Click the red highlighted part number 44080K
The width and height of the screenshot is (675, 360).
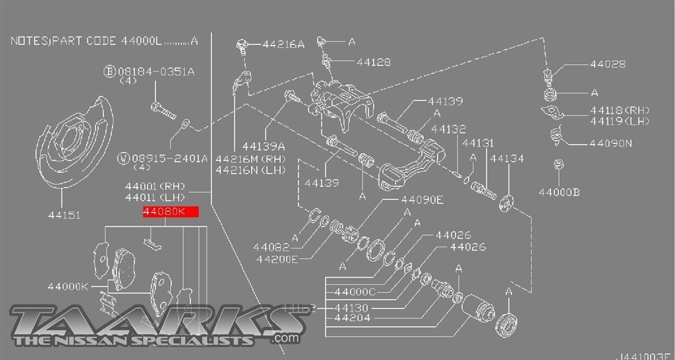pyautogui.click(x=170, y=212)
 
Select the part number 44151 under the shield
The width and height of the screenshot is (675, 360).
pyautogui.click(x=63, y=215)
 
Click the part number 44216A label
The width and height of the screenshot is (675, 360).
pyautogui.click(x=283, y=45)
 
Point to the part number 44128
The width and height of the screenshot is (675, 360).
pyautogui.click(x=374, y=62)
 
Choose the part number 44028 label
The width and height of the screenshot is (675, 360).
pyautogui.click(x=607, y=64)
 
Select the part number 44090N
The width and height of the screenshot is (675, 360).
pyautogui.click(x=610, y=143)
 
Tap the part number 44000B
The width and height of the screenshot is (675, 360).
pyautogui.click(x=559, y=192)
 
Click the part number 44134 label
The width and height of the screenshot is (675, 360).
pyautogui.click(x=507, y=159)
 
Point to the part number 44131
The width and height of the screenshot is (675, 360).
pyautogui.click(x=477, y=143)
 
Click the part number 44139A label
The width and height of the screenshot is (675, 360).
pyautogui.click(x=263, y=145)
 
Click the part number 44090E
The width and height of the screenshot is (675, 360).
pyautogui.click(x=422, y=200)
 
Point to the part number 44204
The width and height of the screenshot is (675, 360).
pyautogui.click(x=352, y=317)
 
